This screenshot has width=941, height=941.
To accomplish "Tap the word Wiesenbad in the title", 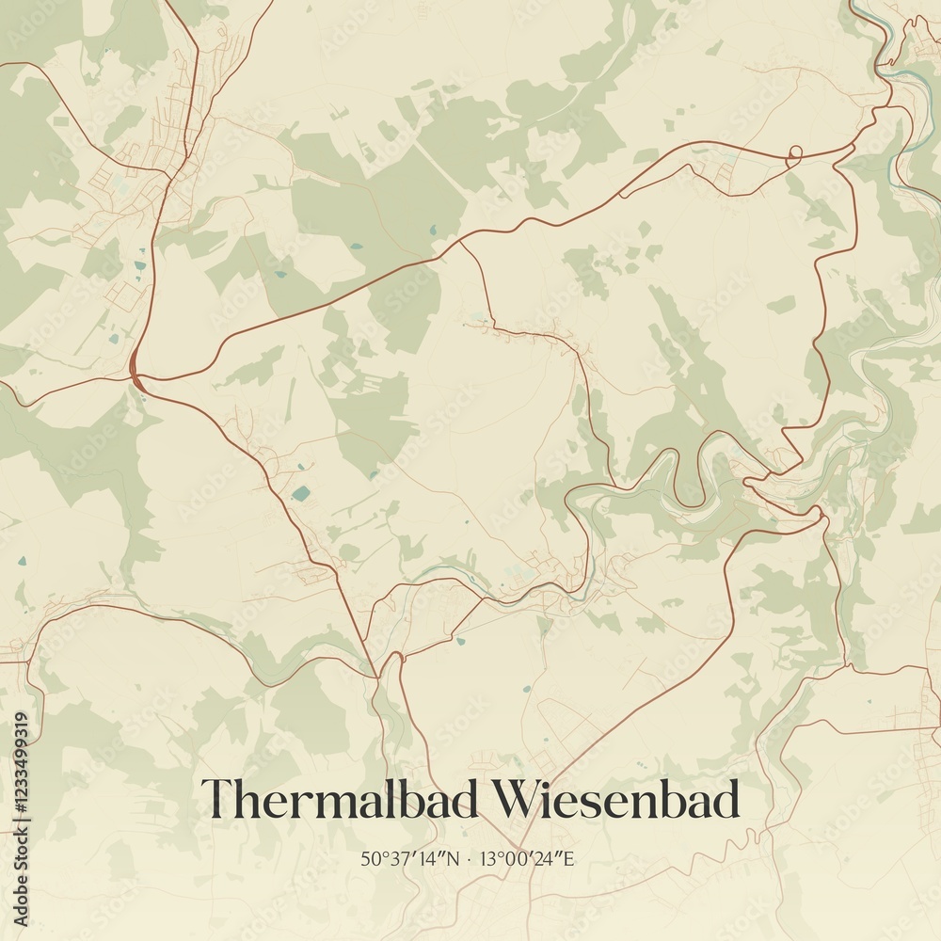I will point(617,800).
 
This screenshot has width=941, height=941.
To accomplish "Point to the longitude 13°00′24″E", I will point(526,858).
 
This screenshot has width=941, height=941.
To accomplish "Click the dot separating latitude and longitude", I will point(470,858).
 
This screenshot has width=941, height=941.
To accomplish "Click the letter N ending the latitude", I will point(455,858).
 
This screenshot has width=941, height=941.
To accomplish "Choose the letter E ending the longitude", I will point(568,858).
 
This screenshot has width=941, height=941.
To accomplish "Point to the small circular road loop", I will point(794,152).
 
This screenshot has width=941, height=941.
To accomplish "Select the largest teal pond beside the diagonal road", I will point(300,493).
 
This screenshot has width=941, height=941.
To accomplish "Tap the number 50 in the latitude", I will point(368,858).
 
